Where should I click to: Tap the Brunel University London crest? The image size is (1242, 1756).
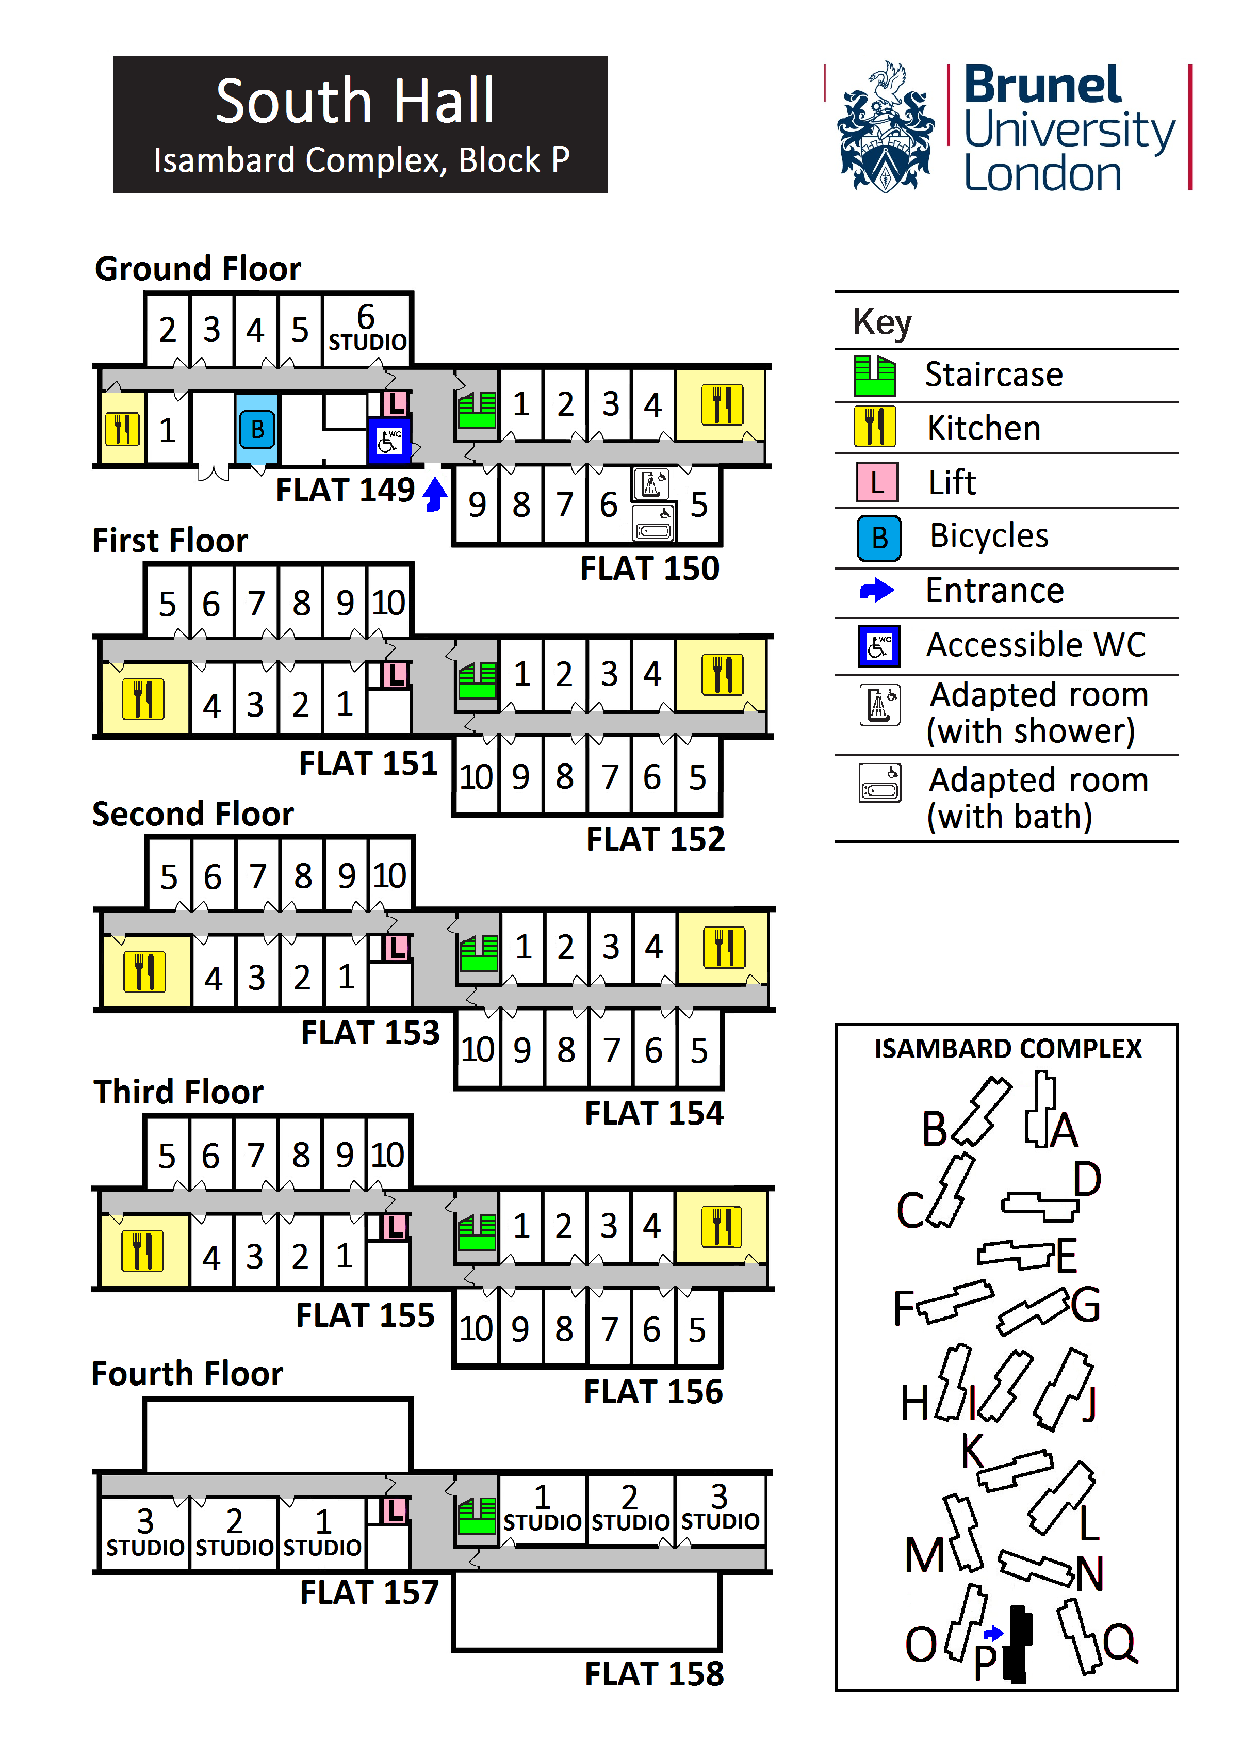point(886,128)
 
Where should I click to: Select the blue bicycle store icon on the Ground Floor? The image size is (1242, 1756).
point(257,429)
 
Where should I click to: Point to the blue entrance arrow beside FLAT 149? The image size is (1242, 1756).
point(435,493)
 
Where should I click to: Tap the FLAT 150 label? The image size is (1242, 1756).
point(649,568)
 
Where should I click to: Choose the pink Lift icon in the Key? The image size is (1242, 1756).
point(876,482)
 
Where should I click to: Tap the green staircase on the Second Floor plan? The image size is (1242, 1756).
point(479,954)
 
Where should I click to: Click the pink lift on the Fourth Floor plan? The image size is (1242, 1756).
point(395,1510)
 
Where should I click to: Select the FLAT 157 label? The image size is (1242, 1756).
point(369,1592)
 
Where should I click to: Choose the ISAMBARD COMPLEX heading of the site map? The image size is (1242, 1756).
point(1007,1049)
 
